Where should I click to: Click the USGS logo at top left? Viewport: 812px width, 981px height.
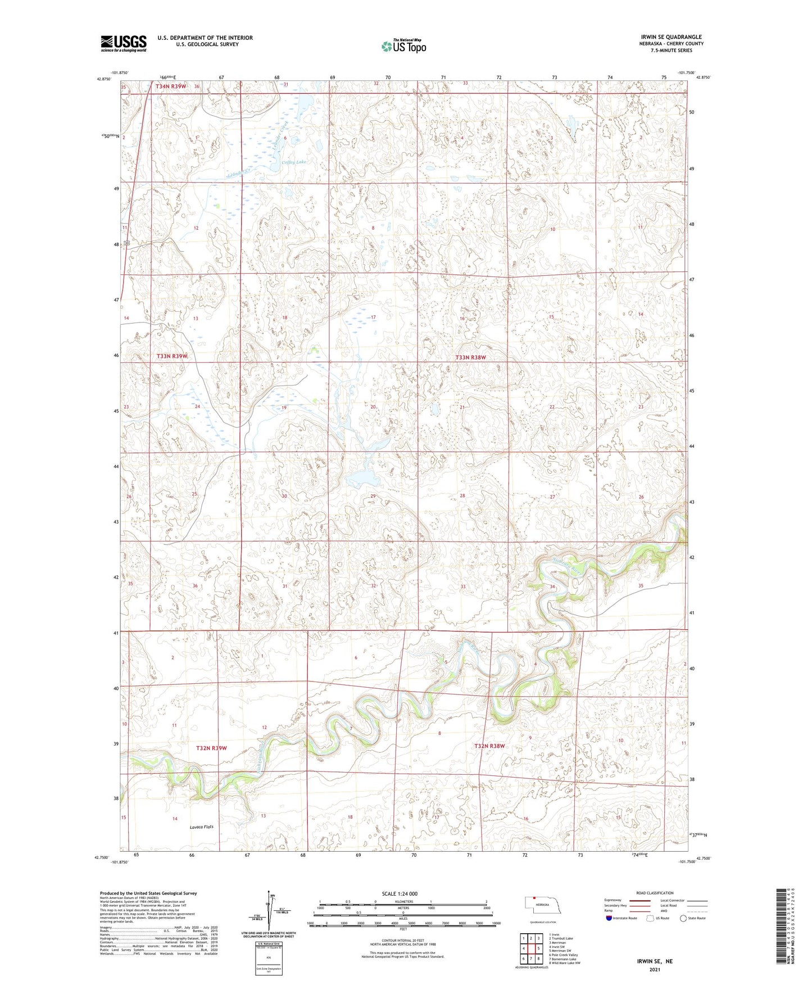123,43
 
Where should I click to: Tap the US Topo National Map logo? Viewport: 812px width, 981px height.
403,46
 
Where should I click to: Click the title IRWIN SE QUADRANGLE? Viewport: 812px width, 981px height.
671,37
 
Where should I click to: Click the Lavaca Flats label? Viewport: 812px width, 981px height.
201,827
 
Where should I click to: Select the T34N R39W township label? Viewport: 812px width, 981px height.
170,87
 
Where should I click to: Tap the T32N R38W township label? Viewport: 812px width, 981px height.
489,746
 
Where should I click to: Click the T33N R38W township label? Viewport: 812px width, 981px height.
470,357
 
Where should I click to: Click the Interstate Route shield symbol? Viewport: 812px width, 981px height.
609,919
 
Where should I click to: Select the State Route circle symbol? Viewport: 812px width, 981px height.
683,919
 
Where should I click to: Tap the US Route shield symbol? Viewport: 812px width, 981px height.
651,919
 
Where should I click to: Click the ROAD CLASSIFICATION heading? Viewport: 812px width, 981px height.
655,893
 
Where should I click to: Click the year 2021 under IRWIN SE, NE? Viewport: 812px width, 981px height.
655,970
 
